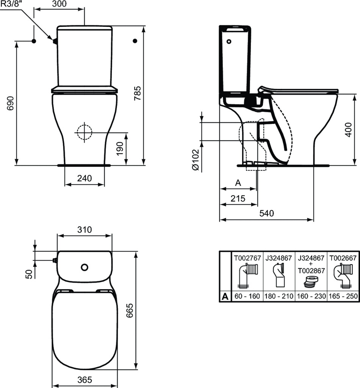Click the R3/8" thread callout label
pyautogui.click(x=10, y=4)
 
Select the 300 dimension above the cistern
pyautogui.click(x=59, y=4)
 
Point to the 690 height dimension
pyautogui.click(x=10, y=103)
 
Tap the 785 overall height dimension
pyautogui.click(x=137, y=93)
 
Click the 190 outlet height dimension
pyautogui.click(x=120, y=149)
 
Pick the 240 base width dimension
pyautogui.click(x=85, y=178)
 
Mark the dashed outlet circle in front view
pyautogui.click(x=85, y=132)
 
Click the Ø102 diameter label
pyautogui.click(x=195, y=160)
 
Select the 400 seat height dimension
pyautogui.click(x=348, y=130)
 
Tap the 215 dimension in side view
pyautogui.click(x=238, y=199)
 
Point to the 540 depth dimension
pyautogui.click(x=267, y=213)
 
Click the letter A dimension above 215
pyautogui.click(x=238, y=183)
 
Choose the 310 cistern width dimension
pyautogui.click(x=85, y=230)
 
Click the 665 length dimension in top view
pyautogui.click(x=130, y=311)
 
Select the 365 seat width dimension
pyautogui.click(x=85, y=380)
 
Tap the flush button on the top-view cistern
pyautogui.click(x=85, y=267)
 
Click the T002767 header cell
pyautogui.click(x=247, y=258)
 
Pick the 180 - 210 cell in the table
pyautogui.click(x=279, y=296)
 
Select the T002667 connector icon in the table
pyautogui.click(x=343, y=276)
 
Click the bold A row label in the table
pyautogui.click(x=225, y=296)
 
